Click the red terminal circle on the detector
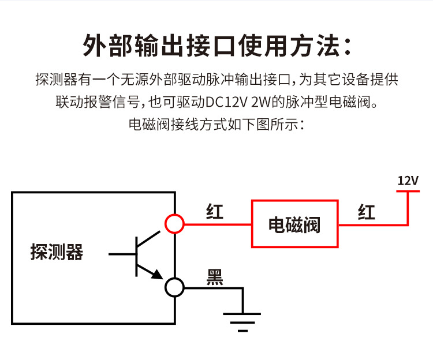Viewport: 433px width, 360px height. tap(174, 223)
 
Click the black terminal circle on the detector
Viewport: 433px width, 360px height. tap(174, 287)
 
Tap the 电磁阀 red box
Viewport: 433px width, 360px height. tap(294, 224)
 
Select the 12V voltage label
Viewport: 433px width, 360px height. tap(408, 181)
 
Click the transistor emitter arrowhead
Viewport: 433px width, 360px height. tap(157, 276)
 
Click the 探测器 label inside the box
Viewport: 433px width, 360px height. tap(57, 252)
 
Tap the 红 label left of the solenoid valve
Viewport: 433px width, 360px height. tap(215, 212)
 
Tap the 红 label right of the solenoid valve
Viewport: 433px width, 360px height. tap(367, 212)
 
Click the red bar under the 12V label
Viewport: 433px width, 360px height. tap(408, 192)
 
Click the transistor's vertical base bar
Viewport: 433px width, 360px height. tap(137, 254)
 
